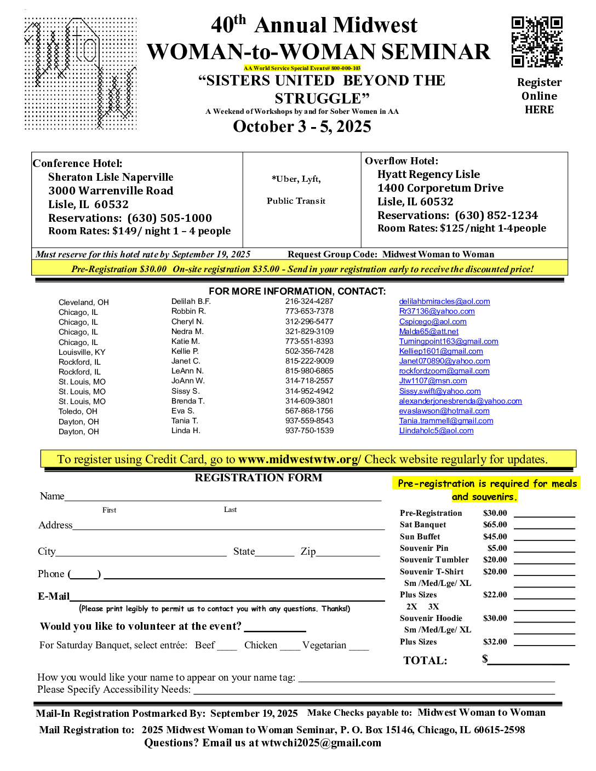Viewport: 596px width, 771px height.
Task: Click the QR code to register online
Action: click(x=537, y=42)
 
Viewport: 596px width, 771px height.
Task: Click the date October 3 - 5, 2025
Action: click(x=302, y=126)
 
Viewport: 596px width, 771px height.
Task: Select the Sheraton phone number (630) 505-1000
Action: click(x=169, y=218)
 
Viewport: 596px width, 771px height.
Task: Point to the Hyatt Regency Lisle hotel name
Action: click(x=428, y=174)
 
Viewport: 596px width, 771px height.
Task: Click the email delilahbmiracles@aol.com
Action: click(x=444, y=301)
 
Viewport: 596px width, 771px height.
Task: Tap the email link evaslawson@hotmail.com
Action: click(x=444, y=411)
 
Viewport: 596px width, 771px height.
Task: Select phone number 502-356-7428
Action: click(x=309, y=351)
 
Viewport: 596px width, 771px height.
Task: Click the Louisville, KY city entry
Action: click(x=82, y=352)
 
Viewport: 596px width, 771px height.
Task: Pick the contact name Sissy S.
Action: click(x=185, y=391)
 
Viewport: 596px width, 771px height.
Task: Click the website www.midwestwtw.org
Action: click(x=299, y=459)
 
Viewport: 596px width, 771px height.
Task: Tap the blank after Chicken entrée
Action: click(x=290, y=646)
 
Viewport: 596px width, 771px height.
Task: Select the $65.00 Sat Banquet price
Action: click(x=495, y=525)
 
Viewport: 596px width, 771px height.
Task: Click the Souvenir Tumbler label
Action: click(x=434, y=560)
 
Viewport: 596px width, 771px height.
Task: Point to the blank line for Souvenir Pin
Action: click(x=544, y=548)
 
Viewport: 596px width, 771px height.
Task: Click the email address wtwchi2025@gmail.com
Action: click(x=321, y=743)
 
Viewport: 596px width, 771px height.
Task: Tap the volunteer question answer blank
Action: click(x=275, y=628)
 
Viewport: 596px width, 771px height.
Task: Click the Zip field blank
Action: click(x=348, y=552)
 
